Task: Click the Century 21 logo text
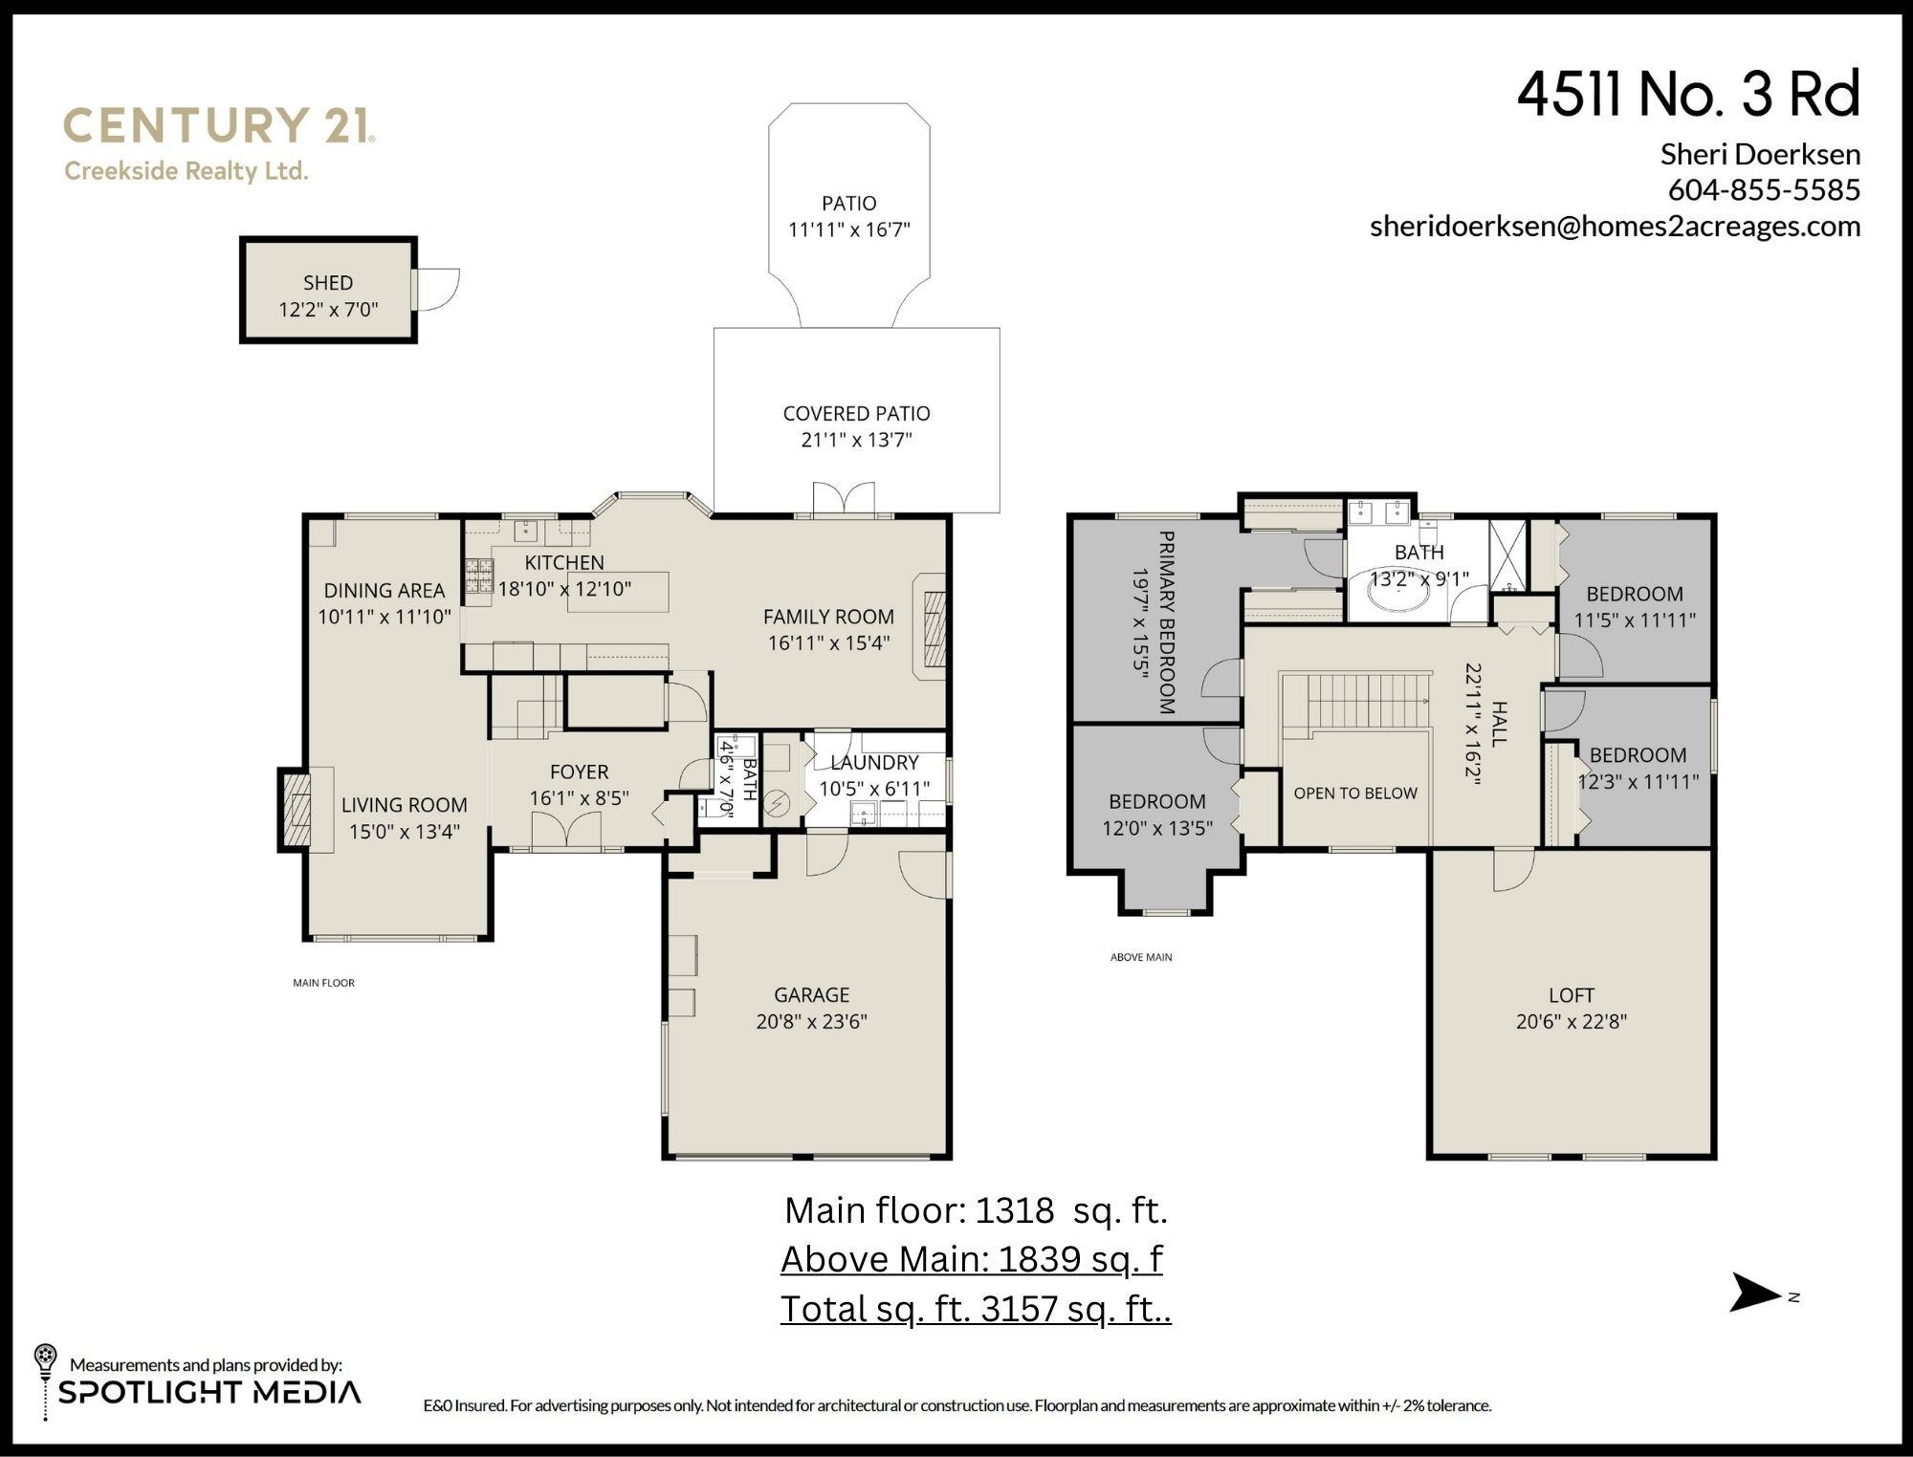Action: point(219,125)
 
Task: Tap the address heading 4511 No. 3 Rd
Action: point(1688,95)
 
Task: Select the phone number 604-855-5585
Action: point(1764,189)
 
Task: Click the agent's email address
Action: point(1615,226)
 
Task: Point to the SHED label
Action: point(328,283)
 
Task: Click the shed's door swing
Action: point(436,289)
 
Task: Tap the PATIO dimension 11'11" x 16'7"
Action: point(848,229)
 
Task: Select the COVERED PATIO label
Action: point(856,413)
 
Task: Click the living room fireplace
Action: point(296,809)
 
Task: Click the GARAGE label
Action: point(811,995)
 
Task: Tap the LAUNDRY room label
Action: point(874,763)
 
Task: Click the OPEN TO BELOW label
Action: point(1355,794)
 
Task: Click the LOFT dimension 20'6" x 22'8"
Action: point(1571,1021)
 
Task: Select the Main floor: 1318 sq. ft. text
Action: point(976,1210)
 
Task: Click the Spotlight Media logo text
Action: point(209,1392)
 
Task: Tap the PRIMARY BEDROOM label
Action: point(1166,622)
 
